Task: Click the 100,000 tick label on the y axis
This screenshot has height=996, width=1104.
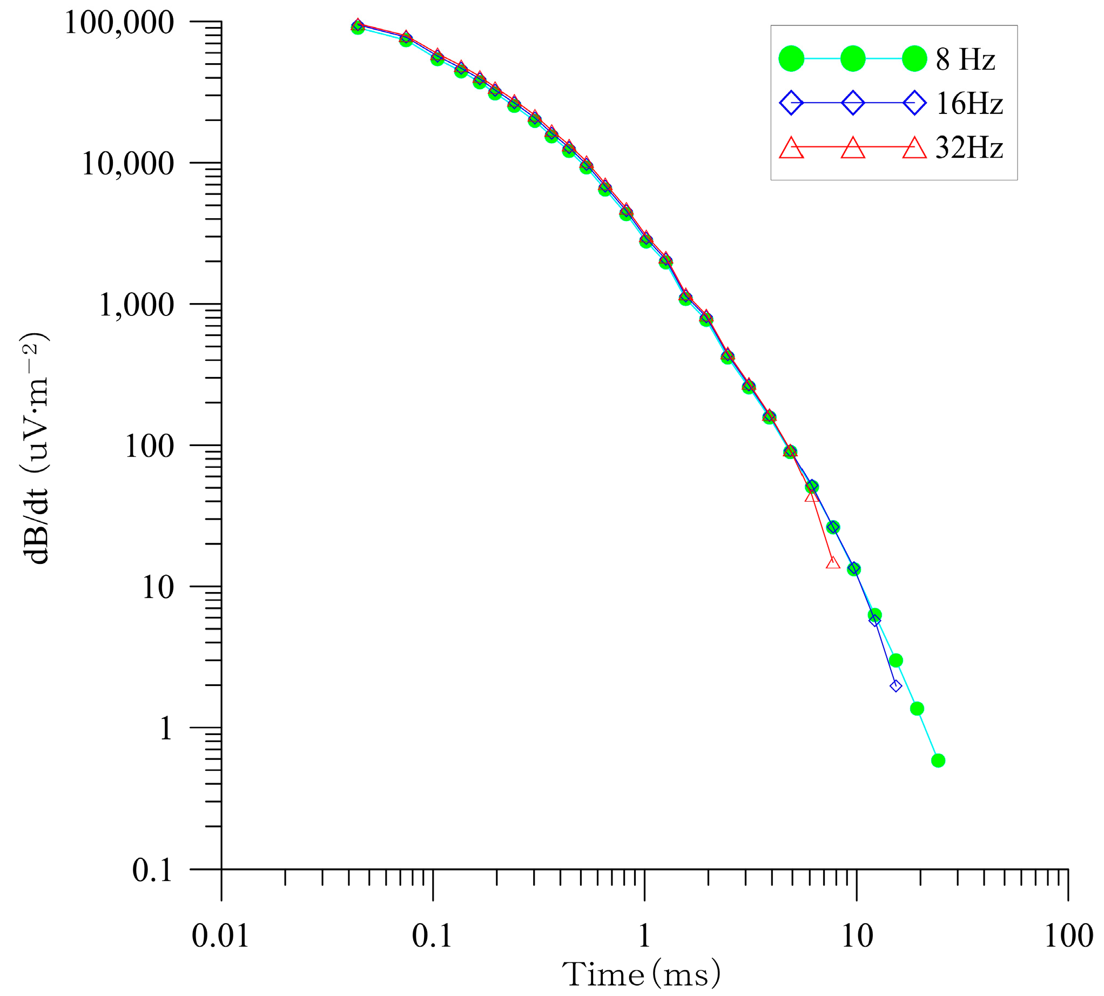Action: pos(119,23)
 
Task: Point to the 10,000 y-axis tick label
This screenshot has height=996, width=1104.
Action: pos(127,164)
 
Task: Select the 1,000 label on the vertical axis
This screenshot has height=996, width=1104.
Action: pos(136,305)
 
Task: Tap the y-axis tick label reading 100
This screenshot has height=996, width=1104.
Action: pos(149,446)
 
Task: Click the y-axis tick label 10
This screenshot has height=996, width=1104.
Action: pos(158,587)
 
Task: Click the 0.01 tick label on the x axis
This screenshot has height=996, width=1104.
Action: pos(220,936)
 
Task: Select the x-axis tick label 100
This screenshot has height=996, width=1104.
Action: pos(1068,936)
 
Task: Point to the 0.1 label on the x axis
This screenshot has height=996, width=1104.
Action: pos(432,936)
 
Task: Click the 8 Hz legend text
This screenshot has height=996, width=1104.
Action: pos(965,59)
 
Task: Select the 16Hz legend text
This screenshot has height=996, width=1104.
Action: pos(969,103)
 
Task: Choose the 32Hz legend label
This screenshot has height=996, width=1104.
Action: pos(969,148)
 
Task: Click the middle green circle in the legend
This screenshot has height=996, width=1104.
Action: pos(852,58)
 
